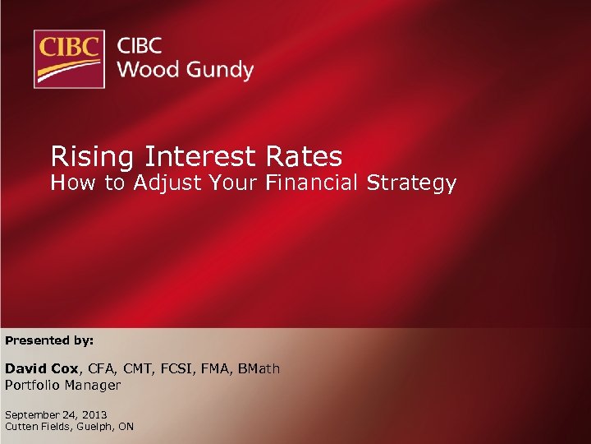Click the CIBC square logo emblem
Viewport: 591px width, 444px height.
point(69,58)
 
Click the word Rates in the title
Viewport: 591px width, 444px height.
point(304,155)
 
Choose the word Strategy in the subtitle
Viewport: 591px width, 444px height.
point(412,183)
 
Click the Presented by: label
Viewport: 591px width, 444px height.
point(49,340)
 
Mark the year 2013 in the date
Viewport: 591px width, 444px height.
point(94,415)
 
